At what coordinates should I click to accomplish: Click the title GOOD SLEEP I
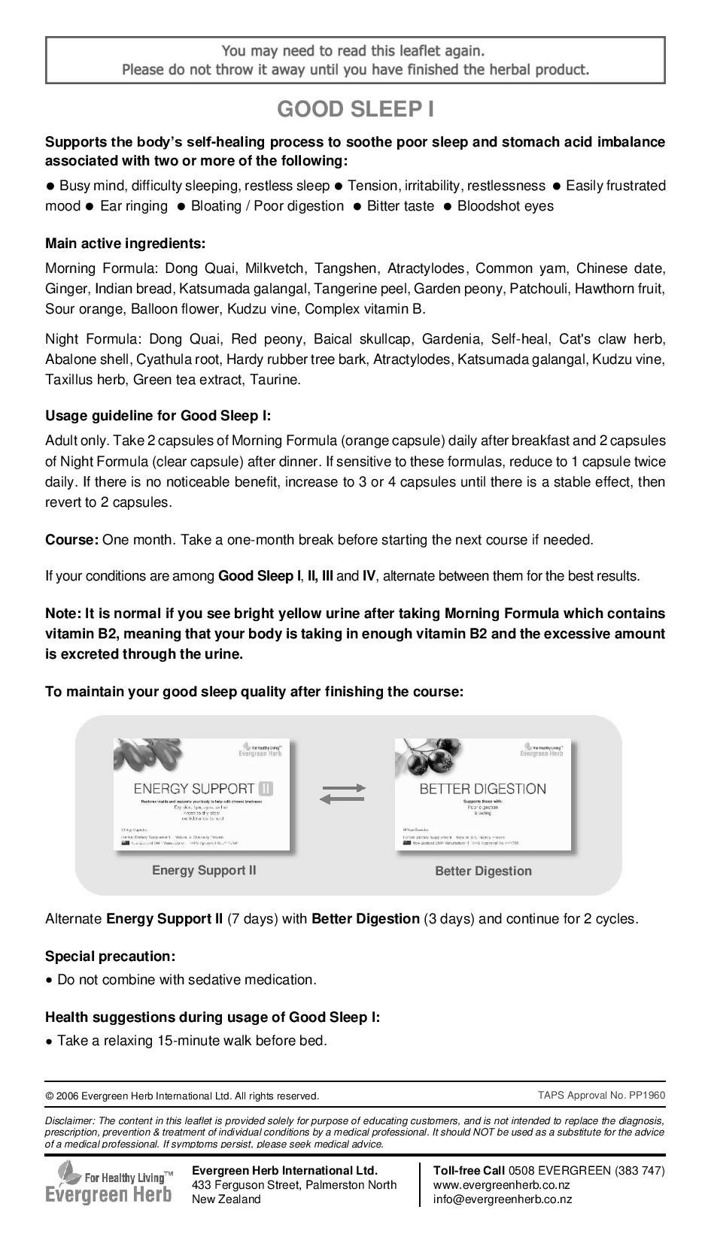tap(355, 110)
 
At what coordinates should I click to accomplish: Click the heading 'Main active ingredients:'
tap(125, 244)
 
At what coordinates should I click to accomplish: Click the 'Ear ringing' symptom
tap(134, 206)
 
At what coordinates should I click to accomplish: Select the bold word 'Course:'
tap(71, 540)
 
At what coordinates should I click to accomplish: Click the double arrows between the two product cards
tap(343, 794)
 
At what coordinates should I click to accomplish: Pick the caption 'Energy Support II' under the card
tap(204, 871)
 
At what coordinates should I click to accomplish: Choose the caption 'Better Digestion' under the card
tap(483, 872)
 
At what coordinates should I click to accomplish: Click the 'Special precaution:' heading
tap(110, 957)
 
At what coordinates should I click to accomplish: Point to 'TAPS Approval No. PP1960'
tap(601, 1095)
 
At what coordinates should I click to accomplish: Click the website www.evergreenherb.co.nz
tap(501, 1185)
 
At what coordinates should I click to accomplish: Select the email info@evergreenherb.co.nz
tap(502, 1199)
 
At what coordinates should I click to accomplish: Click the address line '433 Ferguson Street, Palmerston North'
tap(294, 1185)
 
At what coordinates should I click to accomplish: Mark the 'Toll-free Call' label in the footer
tap(469, 1171)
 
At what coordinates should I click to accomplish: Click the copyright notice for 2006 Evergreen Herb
tap(182, 1096)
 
